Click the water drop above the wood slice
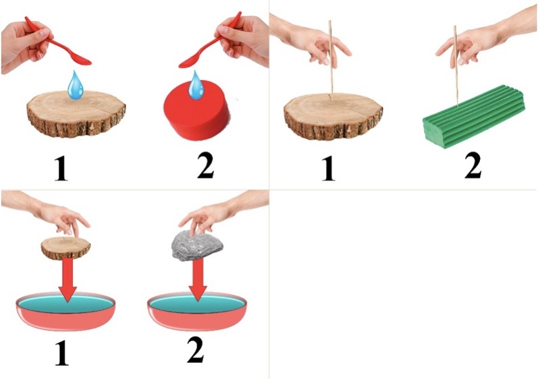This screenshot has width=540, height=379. [x=76, y=85]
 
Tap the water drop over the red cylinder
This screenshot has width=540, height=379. [x=196, y=85]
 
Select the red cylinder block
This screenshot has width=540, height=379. [x=196, y=111]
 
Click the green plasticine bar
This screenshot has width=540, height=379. [x=474, y=116]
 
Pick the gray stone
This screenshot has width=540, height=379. [x=197, y=245]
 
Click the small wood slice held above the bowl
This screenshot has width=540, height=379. [x=65, y=247]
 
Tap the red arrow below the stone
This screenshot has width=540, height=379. [x=198, y=280]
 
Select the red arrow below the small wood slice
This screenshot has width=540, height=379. [x=68, y=280]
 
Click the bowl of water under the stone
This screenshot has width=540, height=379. [x=197, y=312]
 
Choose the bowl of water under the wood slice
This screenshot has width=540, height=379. [x=65, y=312]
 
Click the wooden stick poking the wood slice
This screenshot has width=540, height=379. [x=331, y=59]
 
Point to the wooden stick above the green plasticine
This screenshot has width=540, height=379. [x=456, y=65]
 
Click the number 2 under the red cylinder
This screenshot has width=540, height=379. [x=206, y=165]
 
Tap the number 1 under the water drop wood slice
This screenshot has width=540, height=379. [x=61, y=168]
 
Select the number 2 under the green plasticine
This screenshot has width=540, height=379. [x=473, y=166]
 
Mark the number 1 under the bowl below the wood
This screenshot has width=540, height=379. [x=62, y=353]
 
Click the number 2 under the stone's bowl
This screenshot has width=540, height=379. [x=196, y=350]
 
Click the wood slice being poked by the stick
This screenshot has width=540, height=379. [x=333, y=116]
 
